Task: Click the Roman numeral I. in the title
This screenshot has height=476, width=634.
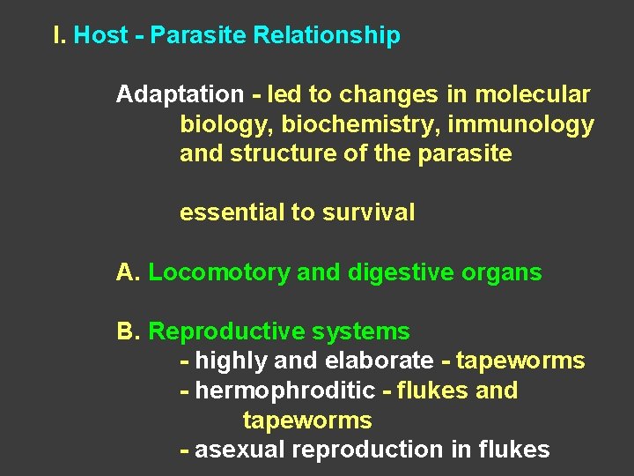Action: (x=59, y=35)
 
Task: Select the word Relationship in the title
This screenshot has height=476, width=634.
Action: (x=327, y=35)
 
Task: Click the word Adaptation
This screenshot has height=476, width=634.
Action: (x=180, y=94)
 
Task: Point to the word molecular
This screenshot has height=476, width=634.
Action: (x=534, y=94)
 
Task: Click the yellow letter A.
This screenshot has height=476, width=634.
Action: (x=128, y=272)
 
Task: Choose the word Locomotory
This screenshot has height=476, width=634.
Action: (x=219, y=273)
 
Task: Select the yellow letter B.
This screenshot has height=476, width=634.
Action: (x=128, y=331)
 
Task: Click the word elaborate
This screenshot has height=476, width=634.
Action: (x=380, y=361)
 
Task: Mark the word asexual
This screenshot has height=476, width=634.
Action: (x=238, y=450)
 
